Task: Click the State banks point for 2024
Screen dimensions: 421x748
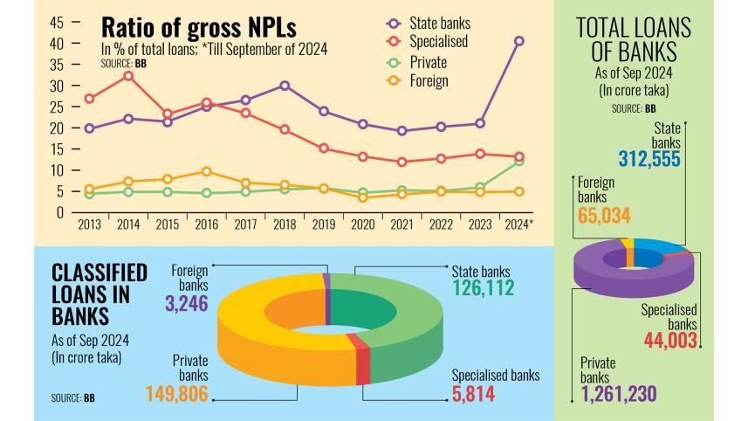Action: click(519, 41)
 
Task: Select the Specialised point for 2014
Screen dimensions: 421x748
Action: click(129, 76)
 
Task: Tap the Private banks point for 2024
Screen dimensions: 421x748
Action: click(519, 161)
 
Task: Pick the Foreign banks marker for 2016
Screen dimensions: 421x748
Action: click(206, 171)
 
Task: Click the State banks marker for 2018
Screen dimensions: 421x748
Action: click(285, 86)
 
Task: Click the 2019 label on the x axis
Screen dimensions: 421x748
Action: click(323, 224)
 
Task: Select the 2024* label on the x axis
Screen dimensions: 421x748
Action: click(519, 224)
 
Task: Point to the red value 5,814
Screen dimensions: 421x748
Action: click(473, 395)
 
